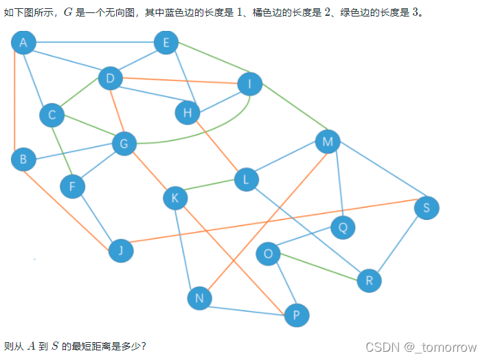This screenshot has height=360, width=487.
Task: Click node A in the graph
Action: (23, 43)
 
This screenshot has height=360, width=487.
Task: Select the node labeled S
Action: (427, 207)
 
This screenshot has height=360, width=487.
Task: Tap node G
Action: (124, 144)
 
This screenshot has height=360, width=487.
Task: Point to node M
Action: (328, 142)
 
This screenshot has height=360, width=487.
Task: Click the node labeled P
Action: (297, 315)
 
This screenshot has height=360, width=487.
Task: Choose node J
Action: (121, 251)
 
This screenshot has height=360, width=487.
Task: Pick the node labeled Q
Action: (343, 227)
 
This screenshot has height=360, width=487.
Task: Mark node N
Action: (199, 298)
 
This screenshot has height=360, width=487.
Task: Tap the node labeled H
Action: (188, 113)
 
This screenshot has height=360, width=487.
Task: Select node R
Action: (370, 280)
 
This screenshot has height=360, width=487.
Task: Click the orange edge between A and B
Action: (15, 103)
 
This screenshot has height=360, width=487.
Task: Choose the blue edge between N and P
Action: (248, 307)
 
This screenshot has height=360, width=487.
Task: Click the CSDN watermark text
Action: (420, 347)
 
